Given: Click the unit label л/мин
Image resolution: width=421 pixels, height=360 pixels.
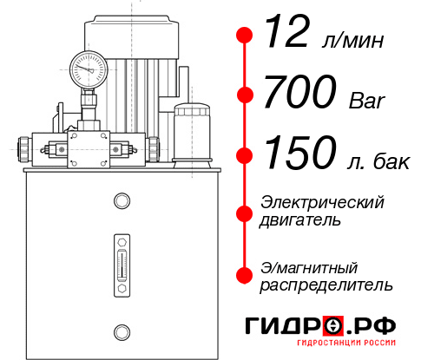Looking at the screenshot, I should tap(351, 41).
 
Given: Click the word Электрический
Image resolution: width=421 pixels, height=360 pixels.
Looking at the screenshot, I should tap(322, 202).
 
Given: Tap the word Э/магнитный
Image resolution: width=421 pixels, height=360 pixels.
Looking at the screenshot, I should tap(309, 266).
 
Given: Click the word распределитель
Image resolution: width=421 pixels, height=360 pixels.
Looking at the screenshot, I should tap(326, 285).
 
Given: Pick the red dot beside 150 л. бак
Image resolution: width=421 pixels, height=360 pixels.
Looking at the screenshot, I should tap(246, 154).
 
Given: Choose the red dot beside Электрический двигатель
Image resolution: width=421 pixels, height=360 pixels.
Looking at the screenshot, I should tap(246, 213).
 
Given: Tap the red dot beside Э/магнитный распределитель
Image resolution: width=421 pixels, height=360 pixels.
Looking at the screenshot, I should tap(246, 275).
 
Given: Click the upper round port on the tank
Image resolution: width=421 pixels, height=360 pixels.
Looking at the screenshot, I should tap(122, 201).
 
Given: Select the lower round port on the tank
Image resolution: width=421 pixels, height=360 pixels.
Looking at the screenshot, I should tap(122, 330).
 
